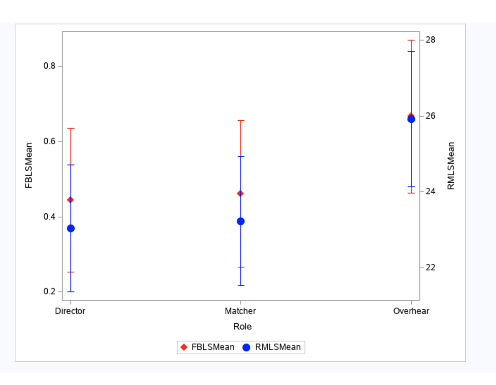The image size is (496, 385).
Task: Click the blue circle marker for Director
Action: point(71,228)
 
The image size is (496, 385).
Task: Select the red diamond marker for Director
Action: point(71,200)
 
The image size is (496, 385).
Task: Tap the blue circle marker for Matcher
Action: point(241,221)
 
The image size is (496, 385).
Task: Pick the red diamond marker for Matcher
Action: point(240,193)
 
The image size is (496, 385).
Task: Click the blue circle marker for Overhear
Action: point(411,119)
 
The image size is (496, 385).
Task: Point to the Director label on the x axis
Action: point(70,311)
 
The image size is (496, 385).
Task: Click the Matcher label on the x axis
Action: point(240,311)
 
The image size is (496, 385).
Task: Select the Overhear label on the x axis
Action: point(411,311)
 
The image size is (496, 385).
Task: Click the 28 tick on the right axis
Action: point(431,40)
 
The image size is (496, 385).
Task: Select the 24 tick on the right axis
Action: point(431,191)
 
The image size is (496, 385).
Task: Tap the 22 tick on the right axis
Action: point(431,268)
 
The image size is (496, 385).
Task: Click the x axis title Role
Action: point(242,327)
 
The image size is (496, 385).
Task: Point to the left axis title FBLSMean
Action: point(29,165)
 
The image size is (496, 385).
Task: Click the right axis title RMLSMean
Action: point(451,166)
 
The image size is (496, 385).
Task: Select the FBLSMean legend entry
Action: point(208,347)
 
